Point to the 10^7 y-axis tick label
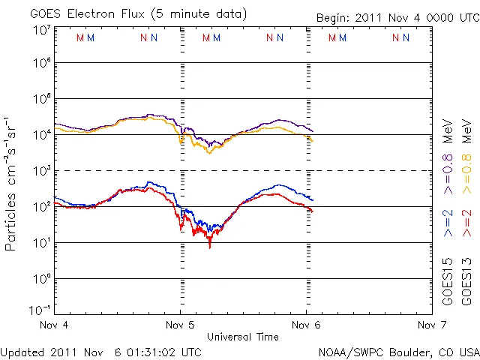pyautogui.click(x=41, y=30)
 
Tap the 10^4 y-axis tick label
pyautogui.click(x=41, y=135)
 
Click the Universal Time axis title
pyautogui.click(x=242, y=337)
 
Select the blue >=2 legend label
pyautogui.click(x=447, y=223)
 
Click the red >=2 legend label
pyautogui.click(x=466, y=223)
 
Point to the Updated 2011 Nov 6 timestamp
pyautogui.click(x=100, y=352)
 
